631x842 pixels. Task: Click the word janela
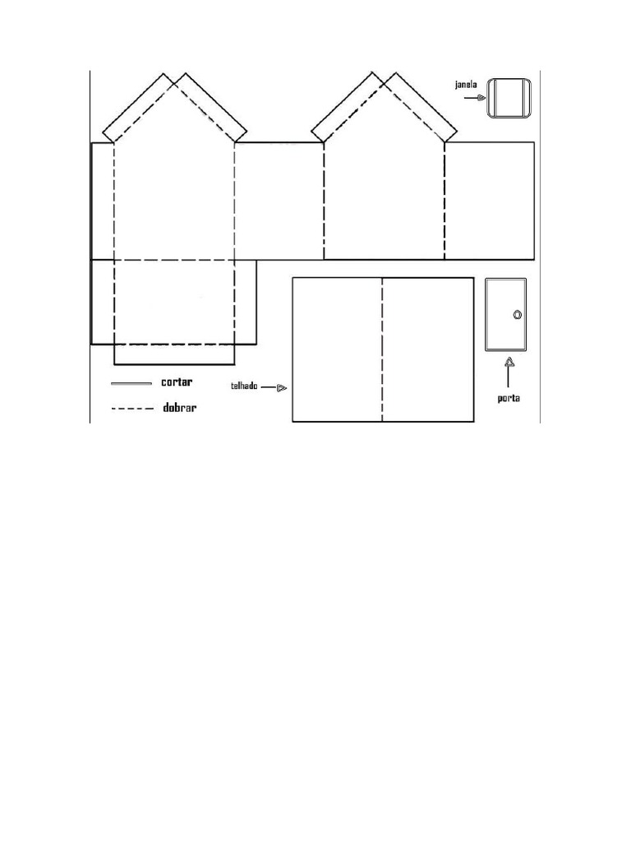click(x=466, y=85)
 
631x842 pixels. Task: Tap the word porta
click(x=508, y=399)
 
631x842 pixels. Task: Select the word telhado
click(x=244, y=386)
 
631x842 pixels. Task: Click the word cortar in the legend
click(x=177, y=382)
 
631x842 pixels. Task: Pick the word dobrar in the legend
click(x=180, y=408)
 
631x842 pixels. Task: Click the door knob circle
click(x=518, y=315)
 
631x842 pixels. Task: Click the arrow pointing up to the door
click(x=509, y=372)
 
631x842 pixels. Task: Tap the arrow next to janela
click(x=476, y=98)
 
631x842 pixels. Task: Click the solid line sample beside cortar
click(x=131, y=383)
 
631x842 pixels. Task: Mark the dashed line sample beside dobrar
click(x=132, y=409)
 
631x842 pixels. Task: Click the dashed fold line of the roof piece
click(x=382, y=349)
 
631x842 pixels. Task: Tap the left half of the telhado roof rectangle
click(x=337, y=349)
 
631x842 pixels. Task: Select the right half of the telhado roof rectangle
click(x=427, y=349)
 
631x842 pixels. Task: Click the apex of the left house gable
click(x=174, y=83)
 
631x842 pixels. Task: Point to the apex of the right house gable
click(x=385, y=83)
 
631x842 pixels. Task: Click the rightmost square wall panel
click(x=490, y=201)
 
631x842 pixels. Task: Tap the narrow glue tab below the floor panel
click(x=174, y=354)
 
